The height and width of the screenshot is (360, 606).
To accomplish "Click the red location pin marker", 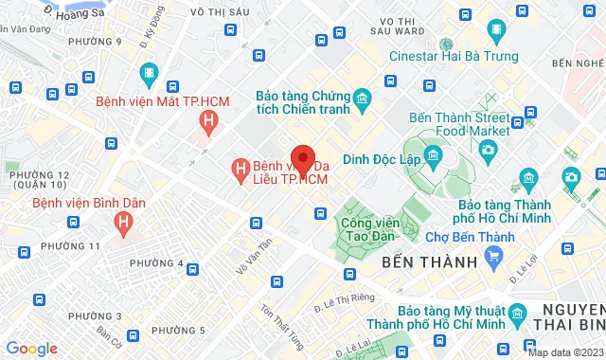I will (303, 157).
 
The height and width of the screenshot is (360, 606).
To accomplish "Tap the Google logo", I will (32, 348).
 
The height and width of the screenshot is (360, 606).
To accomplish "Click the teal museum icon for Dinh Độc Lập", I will (434, 154).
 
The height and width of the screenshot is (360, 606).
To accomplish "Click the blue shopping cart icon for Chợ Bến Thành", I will (492, 255).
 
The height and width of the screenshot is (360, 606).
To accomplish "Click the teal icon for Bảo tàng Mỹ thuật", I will (517, 314).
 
